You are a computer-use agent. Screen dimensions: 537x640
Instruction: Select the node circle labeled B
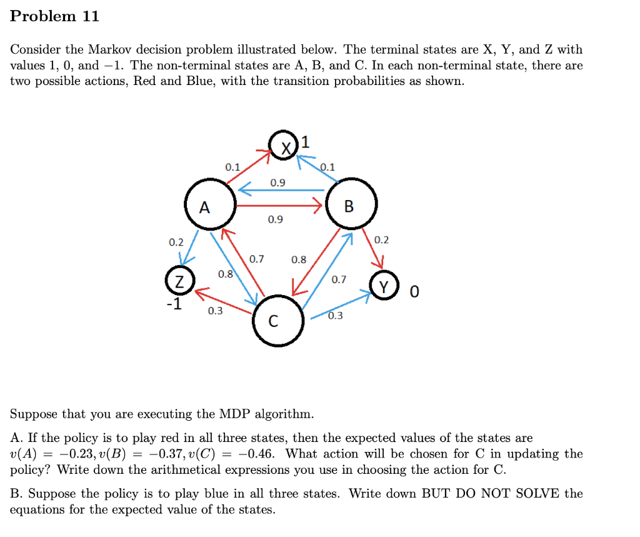coord(351,205)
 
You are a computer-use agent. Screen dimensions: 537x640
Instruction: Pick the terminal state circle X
coord(284,148)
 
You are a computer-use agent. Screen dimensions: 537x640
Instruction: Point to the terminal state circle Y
coord(386,286)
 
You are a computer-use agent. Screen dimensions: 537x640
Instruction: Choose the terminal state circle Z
coord(180,281)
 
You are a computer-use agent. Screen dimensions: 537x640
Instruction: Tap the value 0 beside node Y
coord(414,291)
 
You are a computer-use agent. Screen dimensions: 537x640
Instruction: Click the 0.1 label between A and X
coord(232,167)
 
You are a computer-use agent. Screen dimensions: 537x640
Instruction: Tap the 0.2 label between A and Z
coord(176,242)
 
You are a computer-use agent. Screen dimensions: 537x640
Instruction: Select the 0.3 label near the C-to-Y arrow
coord(336,316)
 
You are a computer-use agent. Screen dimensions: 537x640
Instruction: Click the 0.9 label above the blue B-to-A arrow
coord(277,183)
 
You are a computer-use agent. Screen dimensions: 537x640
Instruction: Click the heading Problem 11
coord(55,16)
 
